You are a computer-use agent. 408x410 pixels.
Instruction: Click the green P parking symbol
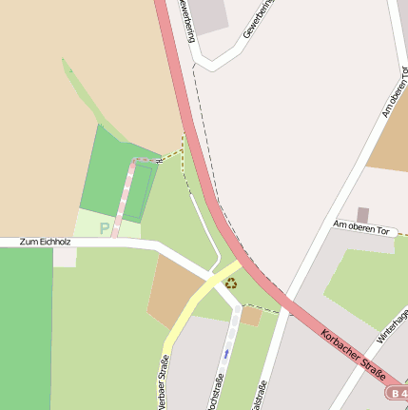(x=105, y=228)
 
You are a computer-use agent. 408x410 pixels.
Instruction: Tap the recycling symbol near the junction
(x=231, y=282)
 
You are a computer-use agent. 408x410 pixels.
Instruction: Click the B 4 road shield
(x=398, y=392)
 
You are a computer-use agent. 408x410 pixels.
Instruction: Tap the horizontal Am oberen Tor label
(x=362, y=225)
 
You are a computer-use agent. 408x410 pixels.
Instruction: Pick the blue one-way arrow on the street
(x=226, y=354)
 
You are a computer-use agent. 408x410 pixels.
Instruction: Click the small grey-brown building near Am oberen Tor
(x=362, y=215)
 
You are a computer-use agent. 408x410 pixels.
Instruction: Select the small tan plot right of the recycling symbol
(x=251, y=316)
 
